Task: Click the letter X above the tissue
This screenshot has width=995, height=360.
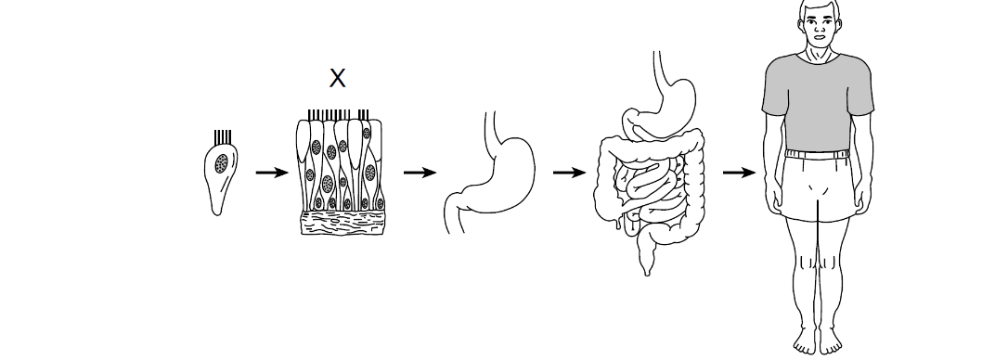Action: tap(338, 78)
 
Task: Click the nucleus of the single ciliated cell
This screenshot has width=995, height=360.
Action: tap(222, 163)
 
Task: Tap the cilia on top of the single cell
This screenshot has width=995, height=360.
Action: tap(223, 137)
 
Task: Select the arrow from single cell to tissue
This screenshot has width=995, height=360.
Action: tap(272, 173)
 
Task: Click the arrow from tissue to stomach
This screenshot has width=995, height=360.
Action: tap(420, 173)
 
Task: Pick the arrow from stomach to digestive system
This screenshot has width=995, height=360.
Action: tap(569, 173)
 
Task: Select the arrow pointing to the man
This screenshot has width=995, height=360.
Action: tap(739, 173)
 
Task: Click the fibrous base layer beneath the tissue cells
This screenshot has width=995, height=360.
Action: tap(342, 223)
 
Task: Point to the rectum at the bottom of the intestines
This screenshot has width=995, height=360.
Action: tap(646, 260)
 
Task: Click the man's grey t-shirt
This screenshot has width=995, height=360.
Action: tap(818, 101)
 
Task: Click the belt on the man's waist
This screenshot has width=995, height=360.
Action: tap(818, 154)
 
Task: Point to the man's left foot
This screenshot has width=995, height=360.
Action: tap(831, 342)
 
